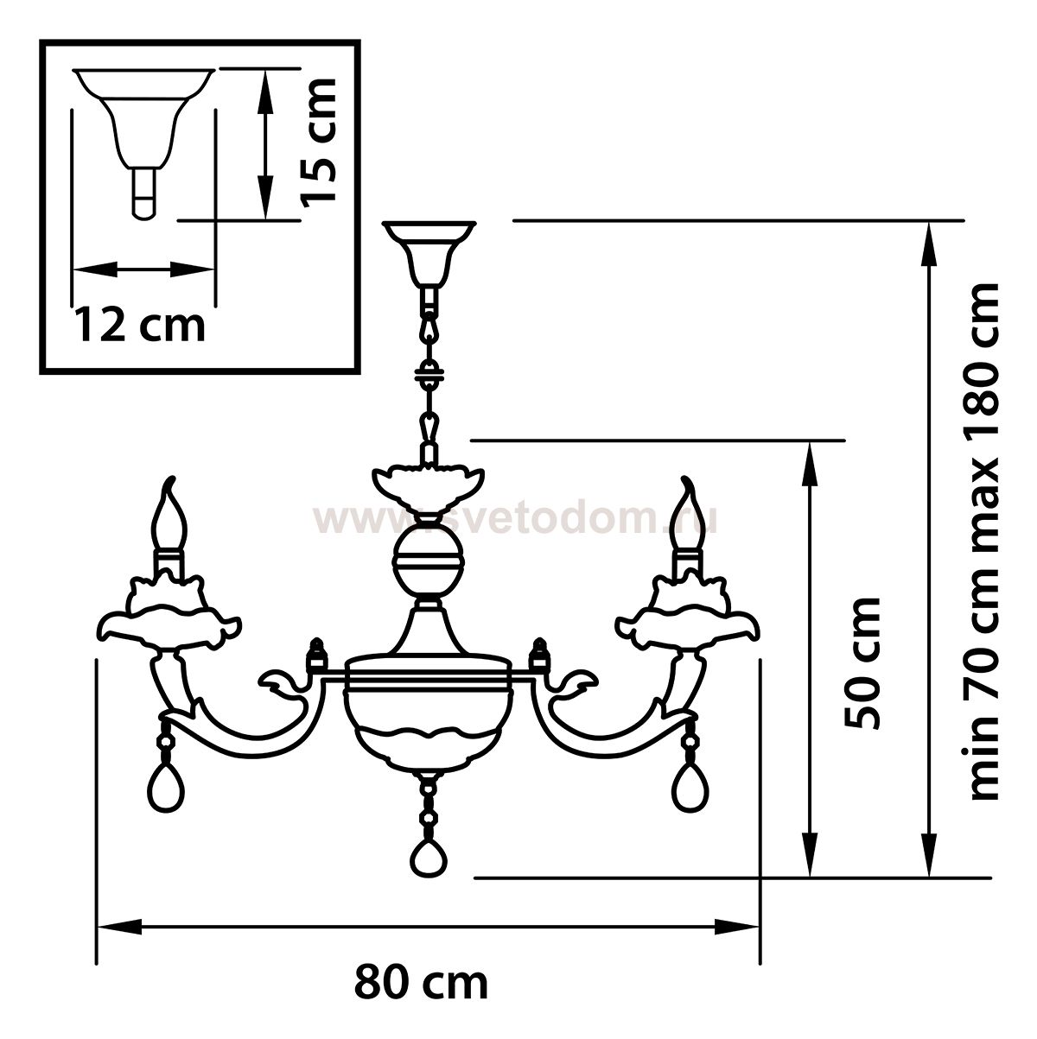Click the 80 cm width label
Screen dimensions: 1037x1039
pos(421,984)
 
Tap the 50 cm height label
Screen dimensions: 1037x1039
pos(862,662)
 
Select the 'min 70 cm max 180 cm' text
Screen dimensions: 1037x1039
pos(984,542)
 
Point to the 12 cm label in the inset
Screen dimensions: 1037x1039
pos(139,325)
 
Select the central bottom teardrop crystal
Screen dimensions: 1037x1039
pos(429,870)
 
